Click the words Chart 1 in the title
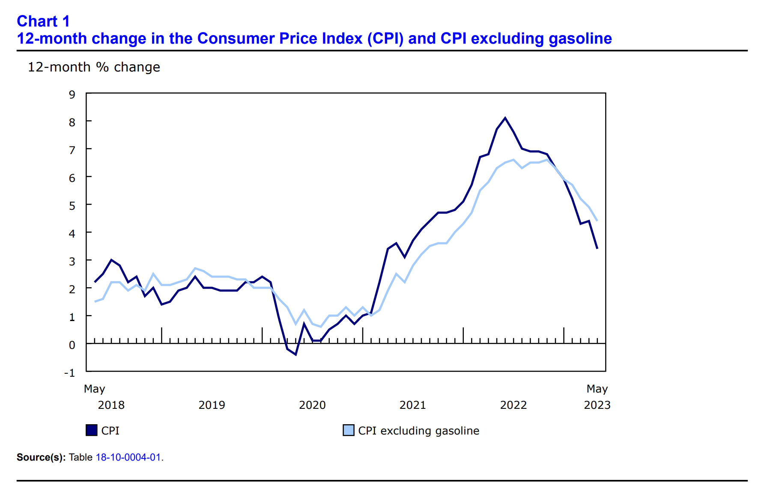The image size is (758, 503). point(43,21)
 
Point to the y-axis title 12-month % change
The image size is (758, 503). point(94,67)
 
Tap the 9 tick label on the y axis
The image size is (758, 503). point(72,95)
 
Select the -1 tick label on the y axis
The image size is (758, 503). point(69,373)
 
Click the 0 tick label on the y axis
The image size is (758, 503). point(72,345)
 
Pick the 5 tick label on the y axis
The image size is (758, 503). point(72,206)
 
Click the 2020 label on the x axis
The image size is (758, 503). point(312,405)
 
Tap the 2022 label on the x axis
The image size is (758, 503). point(513,405)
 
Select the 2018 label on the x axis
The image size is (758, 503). point(111,405)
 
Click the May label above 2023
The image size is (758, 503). point(597,389)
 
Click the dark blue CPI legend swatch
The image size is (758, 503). point(92,430)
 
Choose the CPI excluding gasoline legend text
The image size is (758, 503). point(418,431)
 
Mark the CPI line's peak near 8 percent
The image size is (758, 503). point(505,118)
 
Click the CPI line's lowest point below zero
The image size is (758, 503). point(295,354)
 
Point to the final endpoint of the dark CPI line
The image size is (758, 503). point(597,248)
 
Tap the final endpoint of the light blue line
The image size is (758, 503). point(597,220)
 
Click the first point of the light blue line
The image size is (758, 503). point(95,301)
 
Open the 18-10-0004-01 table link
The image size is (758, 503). point(128,457)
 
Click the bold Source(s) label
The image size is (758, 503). point(41,457)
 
